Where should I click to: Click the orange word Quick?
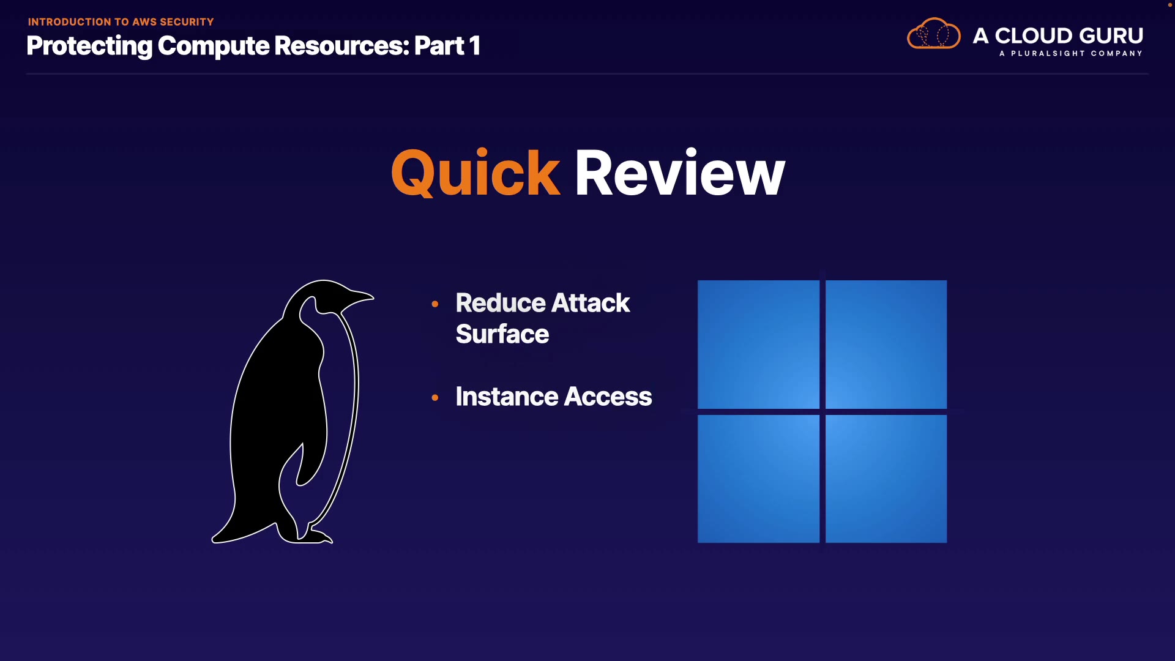click(475, 174)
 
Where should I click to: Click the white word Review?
click(679, 174)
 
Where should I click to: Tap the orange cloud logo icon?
click(933, 34)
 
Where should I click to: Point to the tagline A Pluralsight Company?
click(1070, 54)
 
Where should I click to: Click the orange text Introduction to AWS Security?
click(121, 22)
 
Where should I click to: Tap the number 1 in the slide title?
click(474, 46)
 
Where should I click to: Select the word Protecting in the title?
click(89, 46)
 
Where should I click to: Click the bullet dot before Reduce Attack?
click(435, 304)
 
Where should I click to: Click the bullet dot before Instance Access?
click(435, 397)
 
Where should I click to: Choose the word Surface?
click(502, 334)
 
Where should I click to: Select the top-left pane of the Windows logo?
click(758, 344)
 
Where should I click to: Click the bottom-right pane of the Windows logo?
click(886, 479)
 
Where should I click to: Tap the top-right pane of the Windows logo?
click(886, 344)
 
